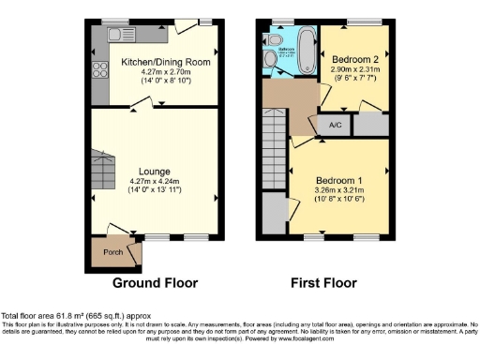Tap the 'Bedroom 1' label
[x=336, y=178]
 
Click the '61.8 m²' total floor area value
[x=78, y=317]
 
